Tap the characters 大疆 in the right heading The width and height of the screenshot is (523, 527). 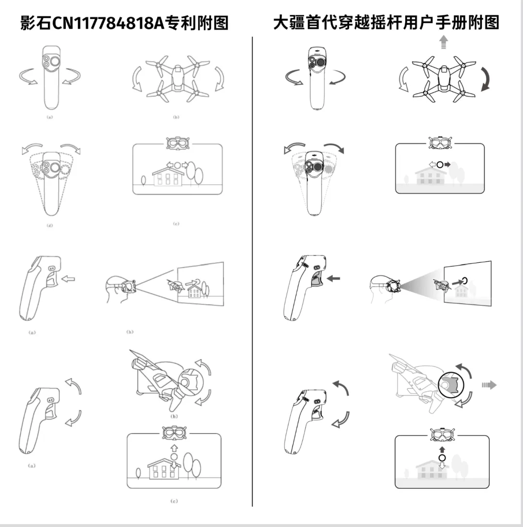point(289,23)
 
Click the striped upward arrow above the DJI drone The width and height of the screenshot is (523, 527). point(443,43)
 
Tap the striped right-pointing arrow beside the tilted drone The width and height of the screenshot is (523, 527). point(489,385)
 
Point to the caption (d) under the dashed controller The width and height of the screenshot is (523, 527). point(50,225)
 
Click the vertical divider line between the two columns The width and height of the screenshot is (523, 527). point(252,271)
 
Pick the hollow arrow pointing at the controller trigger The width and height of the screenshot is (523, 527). point(69,278)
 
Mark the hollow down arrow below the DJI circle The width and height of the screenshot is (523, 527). point(442,466)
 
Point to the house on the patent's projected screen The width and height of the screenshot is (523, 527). point(195,290)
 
